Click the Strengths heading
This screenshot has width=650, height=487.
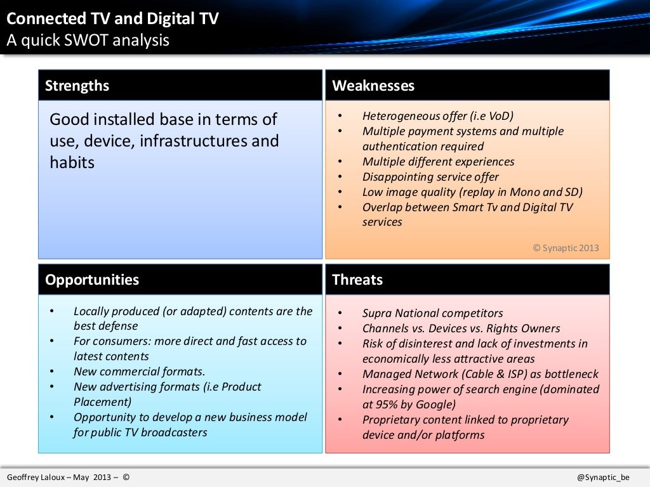(77, 86)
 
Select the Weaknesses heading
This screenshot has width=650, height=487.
(373, 86)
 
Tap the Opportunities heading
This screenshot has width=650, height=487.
(92, 280)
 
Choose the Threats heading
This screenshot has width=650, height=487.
(357, 280)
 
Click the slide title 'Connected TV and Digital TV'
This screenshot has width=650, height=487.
(112, 19)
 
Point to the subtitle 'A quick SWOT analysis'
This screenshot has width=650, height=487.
(88, 40)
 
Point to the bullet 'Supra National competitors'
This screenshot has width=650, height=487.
(432, 313)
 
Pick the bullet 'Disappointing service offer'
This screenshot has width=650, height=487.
(430, 177)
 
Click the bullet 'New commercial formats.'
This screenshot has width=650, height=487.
(139, 372)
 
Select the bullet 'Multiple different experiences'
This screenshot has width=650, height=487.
(438, 162)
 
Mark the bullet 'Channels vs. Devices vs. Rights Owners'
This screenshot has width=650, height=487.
(461, 328)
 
